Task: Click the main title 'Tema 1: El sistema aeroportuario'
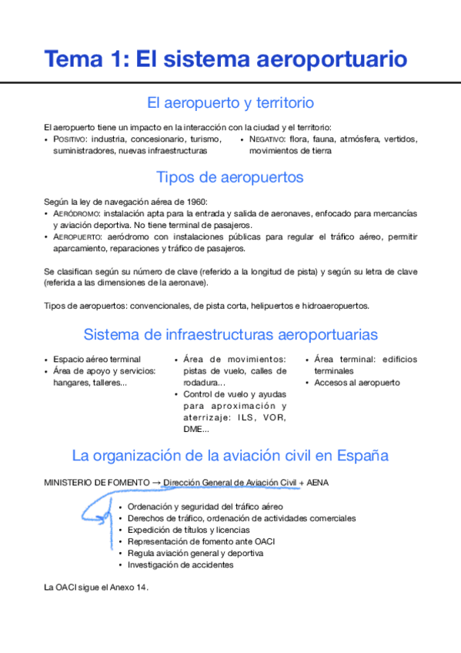(225, 58)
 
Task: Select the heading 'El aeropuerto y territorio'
(230, 102)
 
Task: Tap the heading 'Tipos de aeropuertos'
(230, 177)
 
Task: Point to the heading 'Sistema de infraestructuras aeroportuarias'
(230, 334)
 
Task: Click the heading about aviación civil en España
(230, 455)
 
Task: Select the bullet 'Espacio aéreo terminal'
(96, 359)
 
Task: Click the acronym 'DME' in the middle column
(194, 429)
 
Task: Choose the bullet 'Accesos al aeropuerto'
(356, 382)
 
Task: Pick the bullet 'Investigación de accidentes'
(180, 564)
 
